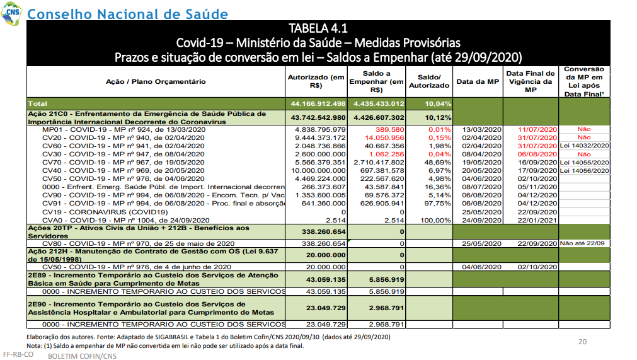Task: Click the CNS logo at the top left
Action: pyautogui.click(x=11, y=13)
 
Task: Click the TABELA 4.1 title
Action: pyautogui.click(x=318, y=28)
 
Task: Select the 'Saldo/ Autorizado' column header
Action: pyautogui.click(x=429, y=81)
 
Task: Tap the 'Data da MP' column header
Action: pyautogui.click(x=478, y=82)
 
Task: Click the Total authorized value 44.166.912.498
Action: pyautogui.click(x=318, y=104)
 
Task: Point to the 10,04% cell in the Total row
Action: pyautogui.click(x=438, y=104)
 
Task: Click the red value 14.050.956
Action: pyautogui.click(x=384, y=137)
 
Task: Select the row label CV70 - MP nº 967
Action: pyautogui.click(x=123, y=163)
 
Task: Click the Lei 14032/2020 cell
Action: pyautogui.click(x=584, y=146)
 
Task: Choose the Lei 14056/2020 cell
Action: pyautogui.click(x=584, y=171)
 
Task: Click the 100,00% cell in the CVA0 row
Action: pyautogui.click(x=435, y=220)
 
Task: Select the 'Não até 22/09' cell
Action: pyautogui.click(x=582, y=243)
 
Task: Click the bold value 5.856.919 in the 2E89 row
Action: pyautogui.click(x=386, y=279)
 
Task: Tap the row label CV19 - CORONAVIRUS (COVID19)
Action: pyautogui.click(x=105, y=212)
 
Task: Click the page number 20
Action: pyautogui.click(x=583, y=342)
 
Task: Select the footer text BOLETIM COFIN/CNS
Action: pyautogui.click(x=82, y=356)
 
